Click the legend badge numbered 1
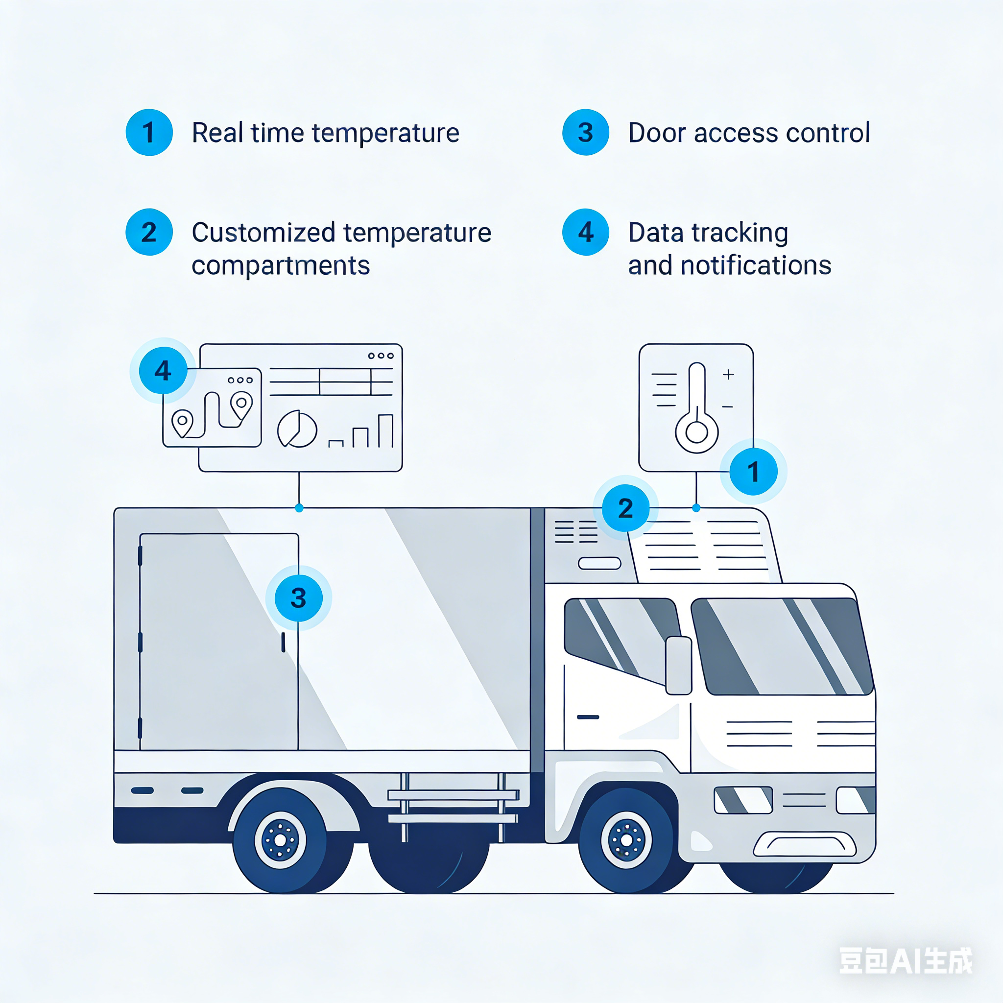point(149,132)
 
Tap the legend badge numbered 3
point(585,132)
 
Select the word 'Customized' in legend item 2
point(263,232)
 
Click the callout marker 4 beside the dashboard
point(163,370)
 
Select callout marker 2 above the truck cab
point(625,508)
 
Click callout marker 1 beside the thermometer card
point(753,472)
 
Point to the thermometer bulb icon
point(696,431)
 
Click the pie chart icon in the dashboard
point(297,430)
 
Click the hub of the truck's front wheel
point(626,840)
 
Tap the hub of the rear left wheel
point(280,840)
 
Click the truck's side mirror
point(678,665)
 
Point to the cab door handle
point(588,717)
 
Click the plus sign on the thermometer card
point(728,374)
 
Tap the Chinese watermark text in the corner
point(906,960)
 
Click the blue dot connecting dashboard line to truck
point(299,508)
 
